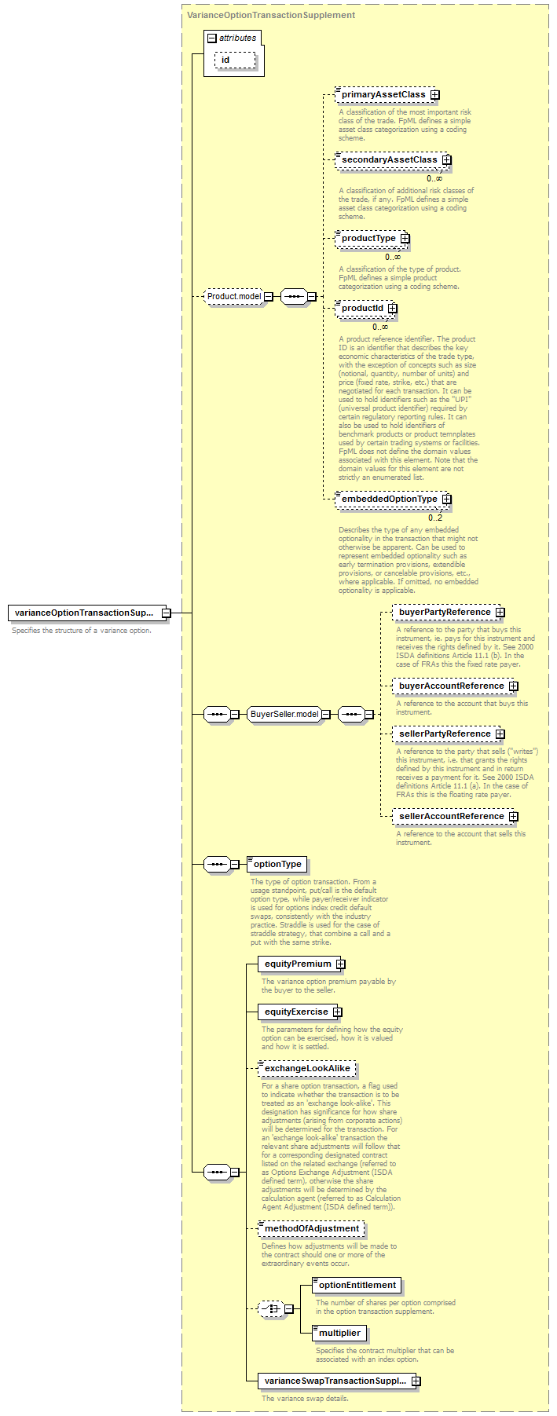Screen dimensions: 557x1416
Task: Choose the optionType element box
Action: click(x=277, y=865)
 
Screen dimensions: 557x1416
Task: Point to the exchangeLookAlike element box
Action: click(x=307, y=1069)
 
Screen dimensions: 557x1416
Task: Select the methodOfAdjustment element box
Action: click(x=312, y=1229)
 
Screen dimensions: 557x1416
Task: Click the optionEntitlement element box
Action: click(x=357, y=1286)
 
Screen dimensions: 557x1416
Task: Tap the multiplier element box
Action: click(x=339, y=1334)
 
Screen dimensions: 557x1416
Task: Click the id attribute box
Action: click(x=235, y=60)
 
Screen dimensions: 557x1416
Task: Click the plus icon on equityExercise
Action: click(x=337, y=1012)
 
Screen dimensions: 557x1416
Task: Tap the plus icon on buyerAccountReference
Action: click(x=514, y=686)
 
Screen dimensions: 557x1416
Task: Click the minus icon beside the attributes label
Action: click(x=211, y=38)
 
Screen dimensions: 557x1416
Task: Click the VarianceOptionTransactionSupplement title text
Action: click(x=271, y=15)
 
